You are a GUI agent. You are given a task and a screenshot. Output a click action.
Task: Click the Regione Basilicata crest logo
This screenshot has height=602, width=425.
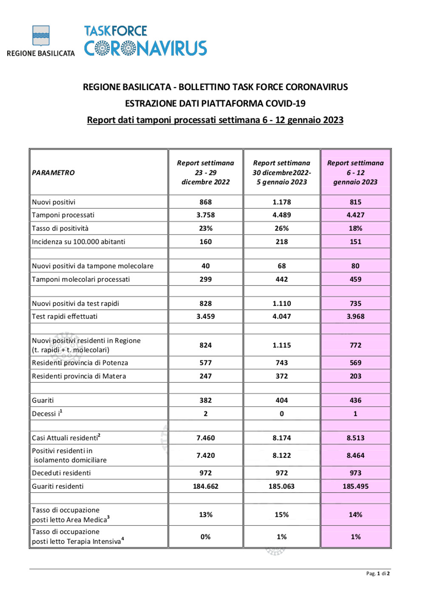click(41, 36)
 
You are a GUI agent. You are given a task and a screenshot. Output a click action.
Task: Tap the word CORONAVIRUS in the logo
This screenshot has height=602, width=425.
click(145, 49)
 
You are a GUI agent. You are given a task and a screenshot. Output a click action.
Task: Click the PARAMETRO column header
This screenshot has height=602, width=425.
click(53, 173)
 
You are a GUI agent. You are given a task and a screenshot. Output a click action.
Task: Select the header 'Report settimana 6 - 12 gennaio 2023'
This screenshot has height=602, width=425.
click(355, 172)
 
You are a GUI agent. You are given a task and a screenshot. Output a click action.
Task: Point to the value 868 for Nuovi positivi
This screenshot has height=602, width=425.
click(206, 202)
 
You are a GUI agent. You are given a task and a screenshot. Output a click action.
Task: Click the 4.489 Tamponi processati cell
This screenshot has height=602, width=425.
click(282, 215)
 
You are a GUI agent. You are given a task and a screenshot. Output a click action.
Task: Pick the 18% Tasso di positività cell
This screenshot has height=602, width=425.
click(355, 228)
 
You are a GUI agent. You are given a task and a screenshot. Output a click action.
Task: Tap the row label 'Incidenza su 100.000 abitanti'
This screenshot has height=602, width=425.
click(79, 242)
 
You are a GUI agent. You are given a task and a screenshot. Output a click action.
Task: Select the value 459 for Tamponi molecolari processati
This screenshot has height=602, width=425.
click(355, 280)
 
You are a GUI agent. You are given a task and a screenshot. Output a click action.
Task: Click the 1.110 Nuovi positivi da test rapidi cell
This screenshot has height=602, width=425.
click(282, 303)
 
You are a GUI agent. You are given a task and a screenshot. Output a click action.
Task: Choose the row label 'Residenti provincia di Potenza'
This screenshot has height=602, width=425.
click(80, 363)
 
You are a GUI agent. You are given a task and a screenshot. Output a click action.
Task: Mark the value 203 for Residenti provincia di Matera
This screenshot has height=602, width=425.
click(355, 376)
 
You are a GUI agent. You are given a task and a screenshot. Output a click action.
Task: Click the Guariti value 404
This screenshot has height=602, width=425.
click(282, 400)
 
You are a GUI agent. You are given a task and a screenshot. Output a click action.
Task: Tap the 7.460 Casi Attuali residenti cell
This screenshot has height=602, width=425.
click(206, 438)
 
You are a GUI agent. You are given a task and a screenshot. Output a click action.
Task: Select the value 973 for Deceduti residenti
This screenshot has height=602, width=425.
click(355, 473)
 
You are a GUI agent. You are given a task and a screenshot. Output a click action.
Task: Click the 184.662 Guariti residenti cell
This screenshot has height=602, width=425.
click(206, 486)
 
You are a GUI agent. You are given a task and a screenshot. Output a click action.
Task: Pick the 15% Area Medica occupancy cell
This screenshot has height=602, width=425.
click(282, 515)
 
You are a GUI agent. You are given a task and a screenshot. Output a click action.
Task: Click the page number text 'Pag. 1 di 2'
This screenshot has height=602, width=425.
click(378, 573)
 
